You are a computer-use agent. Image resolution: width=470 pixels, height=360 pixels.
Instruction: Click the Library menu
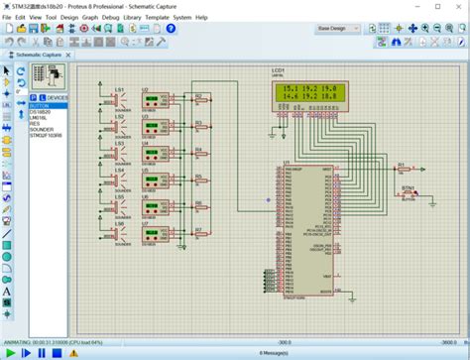click(x=132, y=17)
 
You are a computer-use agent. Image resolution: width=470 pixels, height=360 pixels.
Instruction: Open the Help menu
click(x=201, y=17)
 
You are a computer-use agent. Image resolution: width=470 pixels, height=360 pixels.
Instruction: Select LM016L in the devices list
click(x=41, y=116)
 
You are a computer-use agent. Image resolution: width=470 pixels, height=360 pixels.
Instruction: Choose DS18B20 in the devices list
click(x=42, y=111)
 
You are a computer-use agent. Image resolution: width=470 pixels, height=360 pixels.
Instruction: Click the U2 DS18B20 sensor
click(x=152, y=100)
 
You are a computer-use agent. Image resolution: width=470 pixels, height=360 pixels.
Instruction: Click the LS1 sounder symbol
click(x=117, y=99)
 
